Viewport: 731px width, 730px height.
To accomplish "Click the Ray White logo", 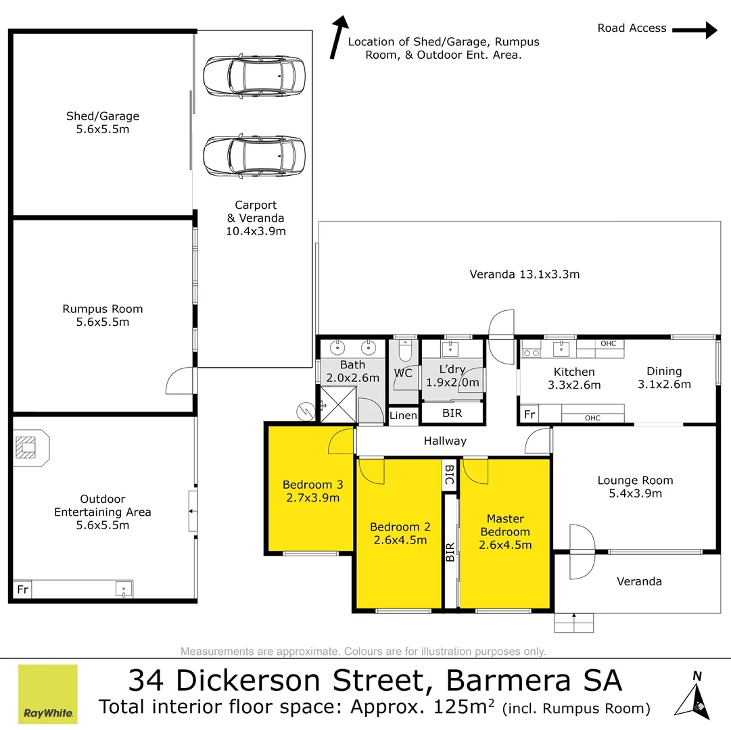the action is tap(47, 693).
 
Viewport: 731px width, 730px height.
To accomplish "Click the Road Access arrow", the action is tap(694, 30).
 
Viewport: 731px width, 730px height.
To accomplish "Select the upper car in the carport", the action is tap(254, 76).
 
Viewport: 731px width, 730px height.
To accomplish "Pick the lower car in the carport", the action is tap(254, 155).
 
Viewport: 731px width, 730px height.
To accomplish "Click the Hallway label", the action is tap(445, 441).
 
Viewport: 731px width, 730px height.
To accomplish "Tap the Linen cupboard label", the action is tap(403, 415).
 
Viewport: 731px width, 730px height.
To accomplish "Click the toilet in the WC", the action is tap(405, 351).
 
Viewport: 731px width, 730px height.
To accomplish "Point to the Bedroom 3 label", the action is tap(313, 485).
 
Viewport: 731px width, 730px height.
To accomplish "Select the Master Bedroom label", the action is tap(505, 525).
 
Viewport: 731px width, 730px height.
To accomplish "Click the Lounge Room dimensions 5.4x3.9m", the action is tap(636, 493).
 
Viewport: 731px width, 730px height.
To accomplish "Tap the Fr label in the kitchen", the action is tap(529, 414).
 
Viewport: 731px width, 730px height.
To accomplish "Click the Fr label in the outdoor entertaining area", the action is tap(23, 589).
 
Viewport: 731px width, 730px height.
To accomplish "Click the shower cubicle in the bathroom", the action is tap(339, 404).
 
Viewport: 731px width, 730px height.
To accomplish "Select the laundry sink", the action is tap(450, 349).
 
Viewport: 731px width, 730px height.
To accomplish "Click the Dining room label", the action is tap(664, 371).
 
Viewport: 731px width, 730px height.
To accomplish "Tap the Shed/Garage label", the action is tap(103, 116).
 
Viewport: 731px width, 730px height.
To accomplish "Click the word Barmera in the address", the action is tap(509, 681).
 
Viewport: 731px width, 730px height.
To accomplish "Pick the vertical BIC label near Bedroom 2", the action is tap(450, 474).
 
